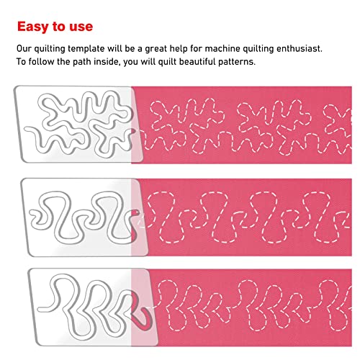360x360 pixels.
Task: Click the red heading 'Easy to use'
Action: [55, 27]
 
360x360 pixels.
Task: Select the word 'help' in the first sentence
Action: [189, 49]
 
